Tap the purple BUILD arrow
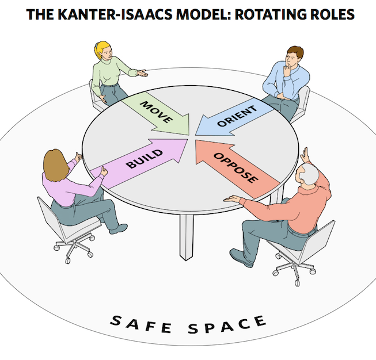tap(141, 161)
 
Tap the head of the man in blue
tap(294, 56)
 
